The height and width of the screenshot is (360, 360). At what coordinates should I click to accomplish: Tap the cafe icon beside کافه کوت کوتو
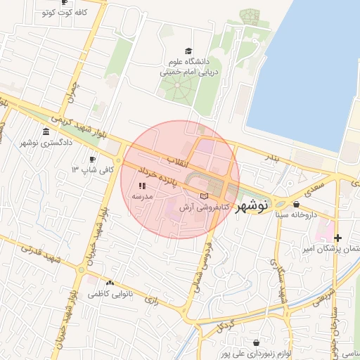46,13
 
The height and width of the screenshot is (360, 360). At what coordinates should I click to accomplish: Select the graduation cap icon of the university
188,51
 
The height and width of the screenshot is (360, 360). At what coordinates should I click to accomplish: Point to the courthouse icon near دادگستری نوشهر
46,132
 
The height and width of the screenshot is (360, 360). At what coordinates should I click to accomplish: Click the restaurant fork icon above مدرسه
142,186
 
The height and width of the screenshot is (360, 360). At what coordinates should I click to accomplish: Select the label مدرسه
143,197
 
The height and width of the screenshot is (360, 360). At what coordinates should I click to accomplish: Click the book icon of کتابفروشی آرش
204,196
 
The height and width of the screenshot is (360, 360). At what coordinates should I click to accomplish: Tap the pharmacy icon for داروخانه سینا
304,204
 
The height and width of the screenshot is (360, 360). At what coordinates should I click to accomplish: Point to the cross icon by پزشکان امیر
338,238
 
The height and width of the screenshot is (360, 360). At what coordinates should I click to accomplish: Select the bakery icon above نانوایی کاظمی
109,282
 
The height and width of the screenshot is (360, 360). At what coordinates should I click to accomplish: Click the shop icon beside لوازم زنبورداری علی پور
225,345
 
